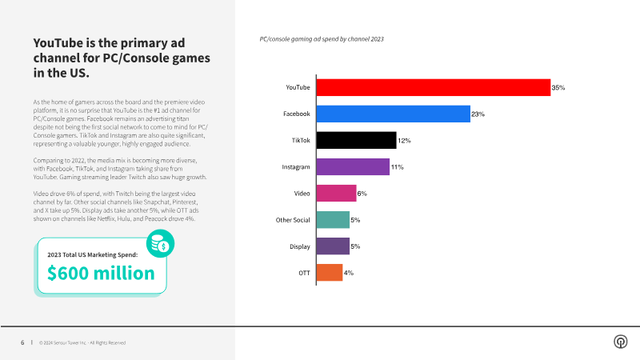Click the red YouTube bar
(x=433, y=87)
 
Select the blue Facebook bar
(x=393, y=114)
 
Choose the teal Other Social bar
(x=333, y=219)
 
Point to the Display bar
(x=333, y=246)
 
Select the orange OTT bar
(x=330, y=272)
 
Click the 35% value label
(x=558, y=88)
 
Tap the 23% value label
(x=478, y=114)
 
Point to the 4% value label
(x=349, y=273)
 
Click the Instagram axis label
(x=296, y=166)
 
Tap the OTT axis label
(x=304, y=272)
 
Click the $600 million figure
(x=101, y=273)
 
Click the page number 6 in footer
(x=22, y=342)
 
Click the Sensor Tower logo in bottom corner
(x=620, y=342)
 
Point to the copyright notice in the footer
(x=82, y=342)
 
